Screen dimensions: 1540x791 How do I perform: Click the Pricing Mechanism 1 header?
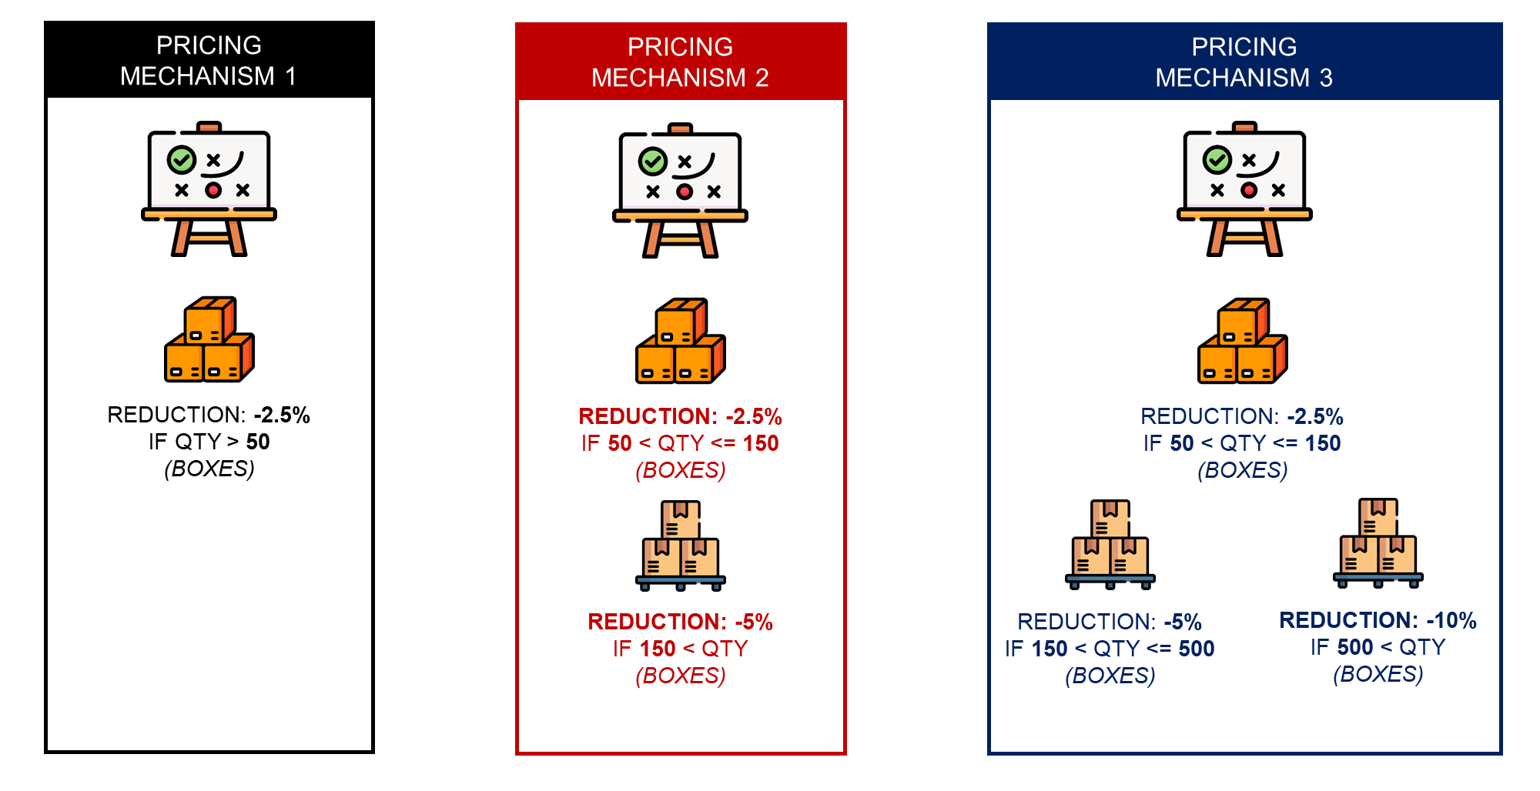(x=209, y=60)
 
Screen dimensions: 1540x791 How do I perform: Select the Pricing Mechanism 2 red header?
(x=681, y=62)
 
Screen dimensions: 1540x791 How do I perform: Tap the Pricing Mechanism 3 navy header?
(x=1244, y=62)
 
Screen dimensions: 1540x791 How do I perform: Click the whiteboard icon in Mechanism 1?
(x=209, y=189)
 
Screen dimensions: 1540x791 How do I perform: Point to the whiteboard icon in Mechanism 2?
(x=680, y=191)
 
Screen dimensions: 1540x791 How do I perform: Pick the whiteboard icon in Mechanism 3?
(x=1244, y=189)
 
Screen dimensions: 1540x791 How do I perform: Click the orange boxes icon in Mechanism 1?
(x=209, y=339)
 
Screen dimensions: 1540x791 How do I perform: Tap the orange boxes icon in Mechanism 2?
(x=681, y=341)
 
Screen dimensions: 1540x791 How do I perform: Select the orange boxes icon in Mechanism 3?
(x=1243, y=341)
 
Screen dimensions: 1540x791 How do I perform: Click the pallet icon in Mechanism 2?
(x=681, y=546)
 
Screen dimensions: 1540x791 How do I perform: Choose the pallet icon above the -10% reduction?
(x=1378, y=543)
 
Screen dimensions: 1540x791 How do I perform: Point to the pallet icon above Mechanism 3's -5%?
(x=1110, y=545)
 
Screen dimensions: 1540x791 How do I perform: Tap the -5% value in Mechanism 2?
(x=754, y=622)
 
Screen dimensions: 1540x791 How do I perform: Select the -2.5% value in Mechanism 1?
(x=282, y=416)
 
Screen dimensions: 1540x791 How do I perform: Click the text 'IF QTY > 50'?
(x=209, y=442)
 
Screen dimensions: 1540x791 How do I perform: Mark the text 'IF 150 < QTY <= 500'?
(x=1110, y=649)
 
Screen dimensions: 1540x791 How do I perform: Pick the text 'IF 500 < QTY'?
(x=1378, y=647)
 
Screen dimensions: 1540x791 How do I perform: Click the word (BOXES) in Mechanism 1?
(x=209, y=469)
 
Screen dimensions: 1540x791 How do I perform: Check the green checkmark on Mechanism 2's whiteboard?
(x=653, y=162)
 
